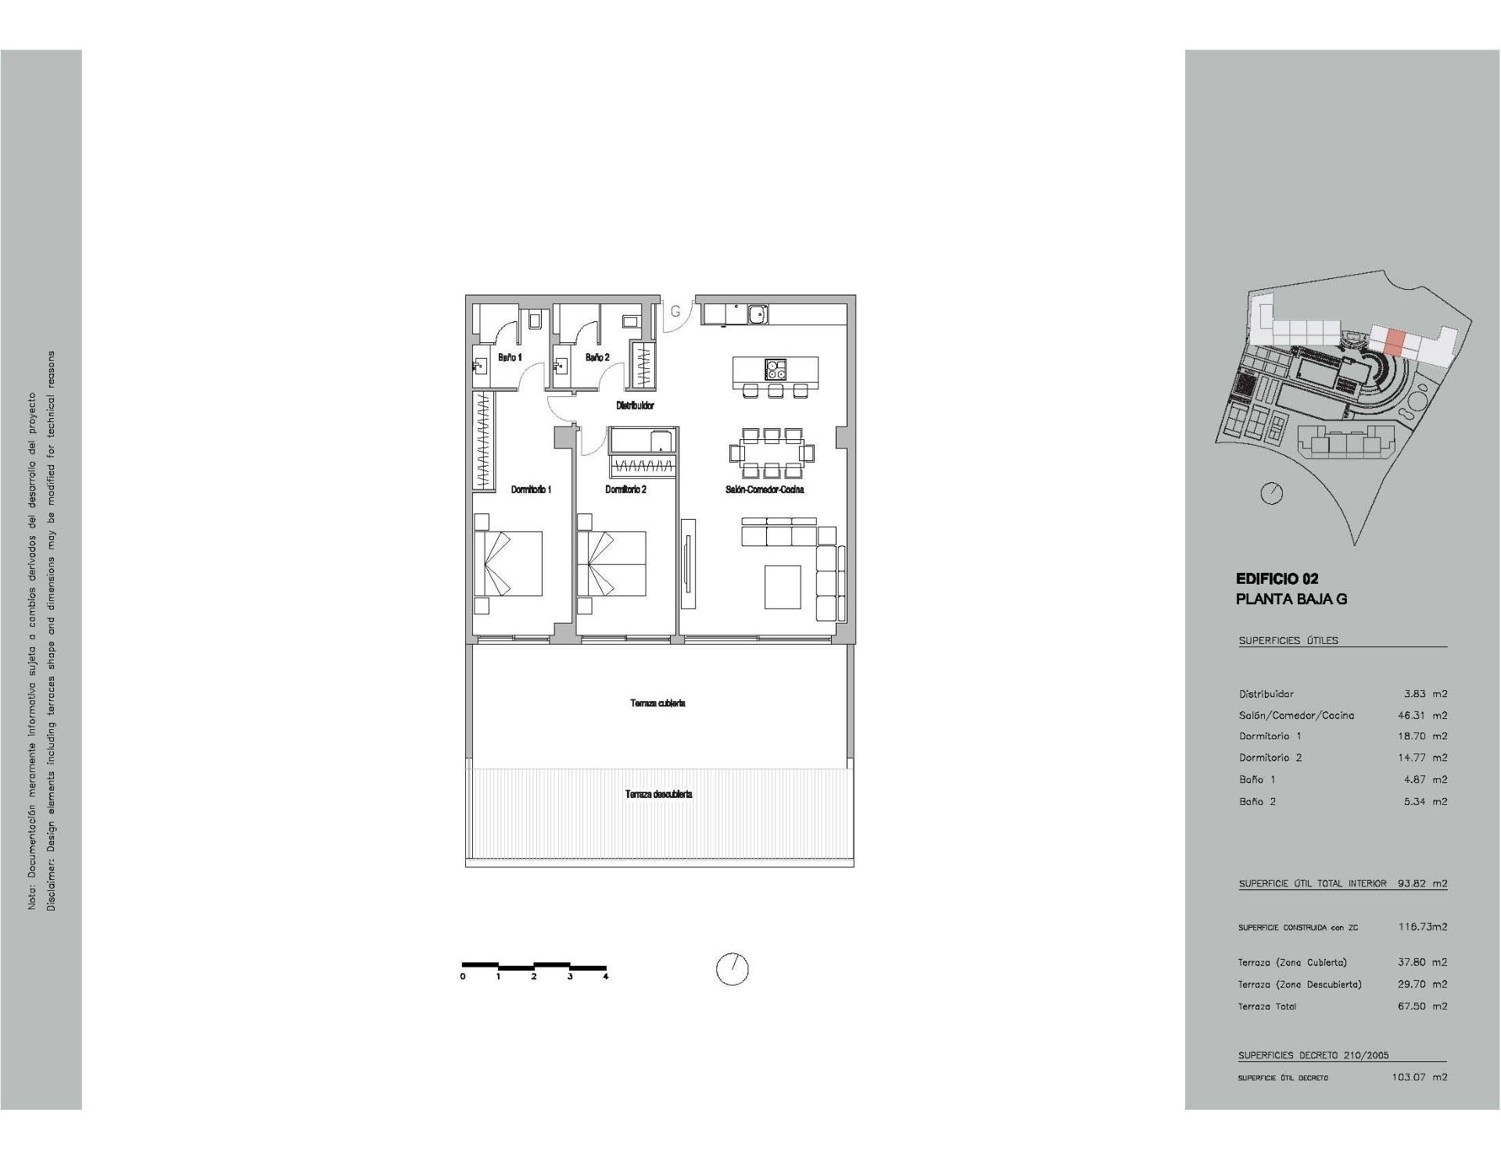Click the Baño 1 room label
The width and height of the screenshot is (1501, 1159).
(510, 357)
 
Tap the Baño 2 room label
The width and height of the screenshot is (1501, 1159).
(596, 357)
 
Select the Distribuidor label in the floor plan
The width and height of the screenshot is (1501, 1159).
(635, 406)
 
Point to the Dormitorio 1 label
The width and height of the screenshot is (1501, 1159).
(531, 489)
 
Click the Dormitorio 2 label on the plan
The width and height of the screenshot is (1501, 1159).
(625, 489)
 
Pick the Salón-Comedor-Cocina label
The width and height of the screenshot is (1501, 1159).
(765, 489)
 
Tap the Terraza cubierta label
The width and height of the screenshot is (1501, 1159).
(657, 703)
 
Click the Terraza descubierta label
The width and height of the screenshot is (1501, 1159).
(658, 794)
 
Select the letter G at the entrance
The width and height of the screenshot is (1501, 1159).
(675, 310)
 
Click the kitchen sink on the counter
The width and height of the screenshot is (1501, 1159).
(757, 314)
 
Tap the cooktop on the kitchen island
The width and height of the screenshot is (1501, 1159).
(776, 369)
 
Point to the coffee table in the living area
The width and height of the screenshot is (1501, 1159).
(783, 587)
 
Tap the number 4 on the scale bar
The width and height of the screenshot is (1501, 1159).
(605, 976)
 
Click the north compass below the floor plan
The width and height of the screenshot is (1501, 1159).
(733, 969)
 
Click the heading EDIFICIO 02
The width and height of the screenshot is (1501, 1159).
(1277, 579)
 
